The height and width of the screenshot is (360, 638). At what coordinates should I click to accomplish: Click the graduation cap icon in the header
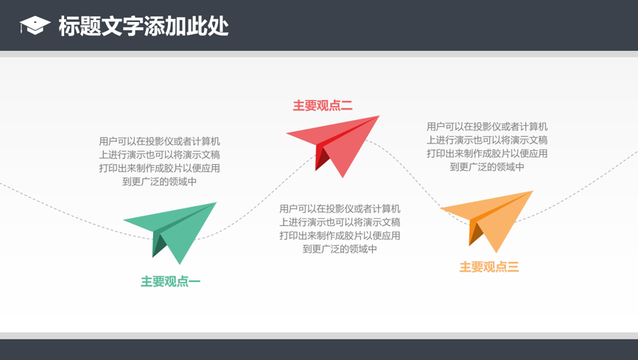tap(35, 26)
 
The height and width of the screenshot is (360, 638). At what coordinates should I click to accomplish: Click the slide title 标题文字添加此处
tap(144, 26)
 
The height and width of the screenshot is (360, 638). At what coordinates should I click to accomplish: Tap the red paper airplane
tap(333, 147)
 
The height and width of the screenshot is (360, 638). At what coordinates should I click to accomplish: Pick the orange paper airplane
tap(487, 222)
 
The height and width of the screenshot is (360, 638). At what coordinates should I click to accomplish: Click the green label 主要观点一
tap(170, 281)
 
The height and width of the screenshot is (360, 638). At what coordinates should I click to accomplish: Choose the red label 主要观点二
tap(323, 106)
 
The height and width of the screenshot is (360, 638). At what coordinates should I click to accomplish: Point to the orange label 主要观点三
tap(489, 267)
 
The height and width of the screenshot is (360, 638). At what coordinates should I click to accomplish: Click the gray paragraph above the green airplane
tap(159, 161)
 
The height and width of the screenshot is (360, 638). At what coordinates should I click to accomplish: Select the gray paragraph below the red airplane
tap(340, 229)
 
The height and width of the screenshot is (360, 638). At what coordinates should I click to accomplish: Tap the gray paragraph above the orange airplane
tap(487, 147)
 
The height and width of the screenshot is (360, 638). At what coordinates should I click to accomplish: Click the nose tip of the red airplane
tap(379, 116)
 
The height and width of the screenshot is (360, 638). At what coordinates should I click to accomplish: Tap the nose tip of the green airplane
tap(217, 202)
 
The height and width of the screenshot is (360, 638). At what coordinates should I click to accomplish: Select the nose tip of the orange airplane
tap(533, 191)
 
